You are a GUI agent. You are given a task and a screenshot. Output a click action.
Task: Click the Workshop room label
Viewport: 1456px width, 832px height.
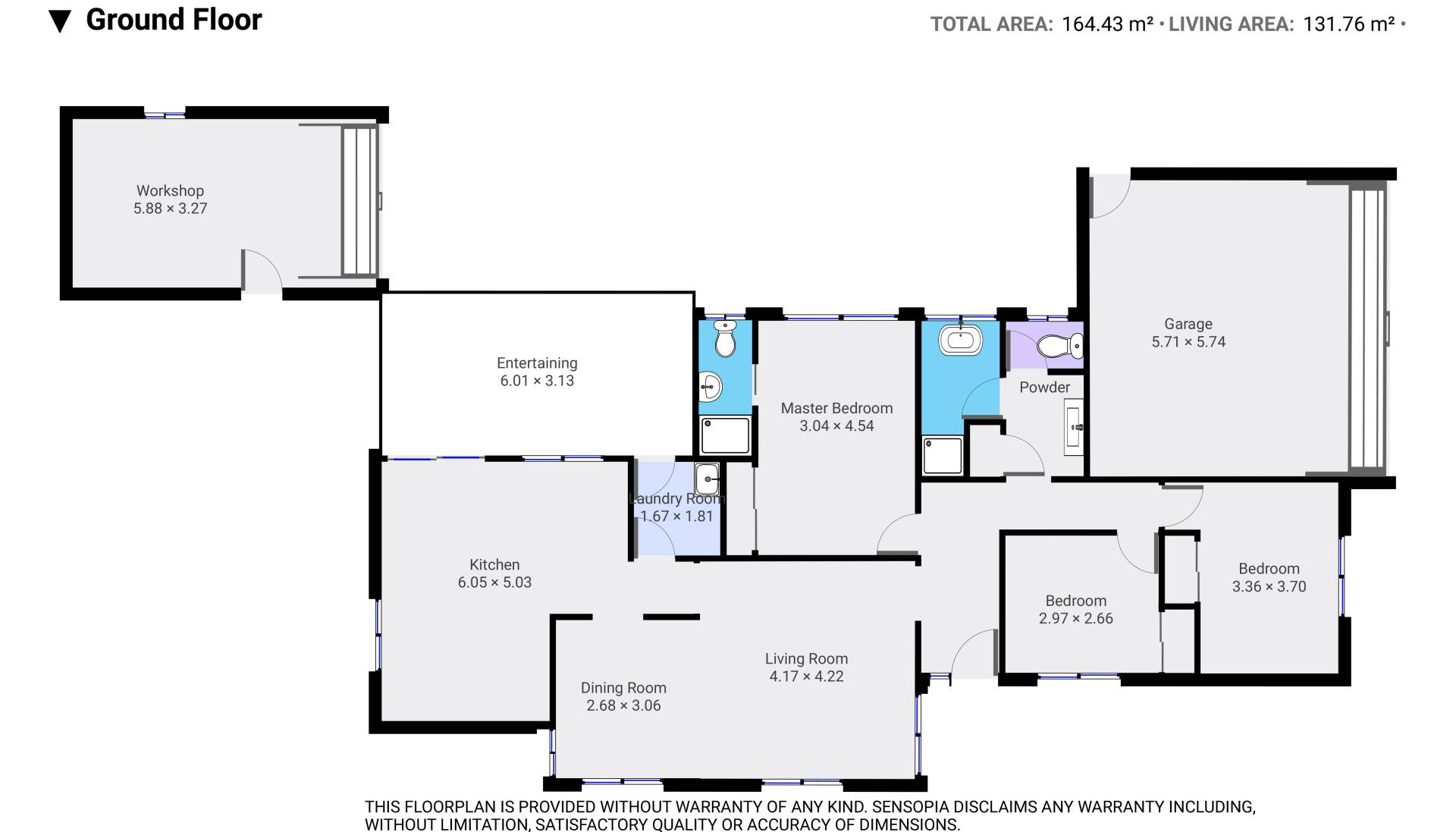point(170,190)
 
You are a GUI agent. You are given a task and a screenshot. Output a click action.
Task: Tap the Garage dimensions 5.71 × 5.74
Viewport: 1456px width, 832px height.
point(1188,342)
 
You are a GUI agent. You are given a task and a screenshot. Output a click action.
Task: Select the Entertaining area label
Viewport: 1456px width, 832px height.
point(537,363)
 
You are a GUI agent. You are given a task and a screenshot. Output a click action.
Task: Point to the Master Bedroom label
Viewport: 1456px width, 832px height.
point(836,408)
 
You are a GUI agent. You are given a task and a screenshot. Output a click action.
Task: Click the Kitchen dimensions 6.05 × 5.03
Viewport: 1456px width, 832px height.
point(494,582)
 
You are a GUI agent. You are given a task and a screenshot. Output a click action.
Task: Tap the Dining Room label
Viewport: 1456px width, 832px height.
point(623,688)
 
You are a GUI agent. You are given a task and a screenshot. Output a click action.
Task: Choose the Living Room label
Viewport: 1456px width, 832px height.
point(806,659)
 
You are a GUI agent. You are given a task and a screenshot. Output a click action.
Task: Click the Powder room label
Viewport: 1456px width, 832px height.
point(1044,388)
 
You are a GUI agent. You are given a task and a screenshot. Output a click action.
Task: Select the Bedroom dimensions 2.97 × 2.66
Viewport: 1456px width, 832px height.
point(1075,618)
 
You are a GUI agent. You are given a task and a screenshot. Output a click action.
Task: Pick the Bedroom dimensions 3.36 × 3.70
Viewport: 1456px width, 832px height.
point(1269,586)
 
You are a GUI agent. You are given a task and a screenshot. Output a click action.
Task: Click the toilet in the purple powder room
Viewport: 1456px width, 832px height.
point(1059,347)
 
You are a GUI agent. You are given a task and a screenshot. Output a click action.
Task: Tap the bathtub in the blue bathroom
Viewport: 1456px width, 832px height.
point(960,340)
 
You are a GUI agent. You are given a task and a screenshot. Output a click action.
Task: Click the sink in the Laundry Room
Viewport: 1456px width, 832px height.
point(707,479)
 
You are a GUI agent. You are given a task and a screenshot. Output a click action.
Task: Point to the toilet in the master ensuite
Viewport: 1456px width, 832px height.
point(725,338)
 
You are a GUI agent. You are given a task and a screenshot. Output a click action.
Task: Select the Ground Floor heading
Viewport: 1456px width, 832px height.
point(174,20)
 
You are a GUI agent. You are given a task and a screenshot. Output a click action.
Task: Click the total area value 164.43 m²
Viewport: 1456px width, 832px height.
point(1107,24)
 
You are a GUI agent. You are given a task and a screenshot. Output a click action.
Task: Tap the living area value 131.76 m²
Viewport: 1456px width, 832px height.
point(1348,24)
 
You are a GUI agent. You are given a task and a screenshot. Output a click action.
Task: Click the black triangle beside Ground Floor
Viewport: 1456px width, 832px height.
point(59,22)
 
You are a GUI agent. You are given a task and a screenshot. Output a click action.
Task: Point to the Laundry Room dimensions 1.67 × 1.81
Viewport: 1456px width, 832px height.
point(676,516)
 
